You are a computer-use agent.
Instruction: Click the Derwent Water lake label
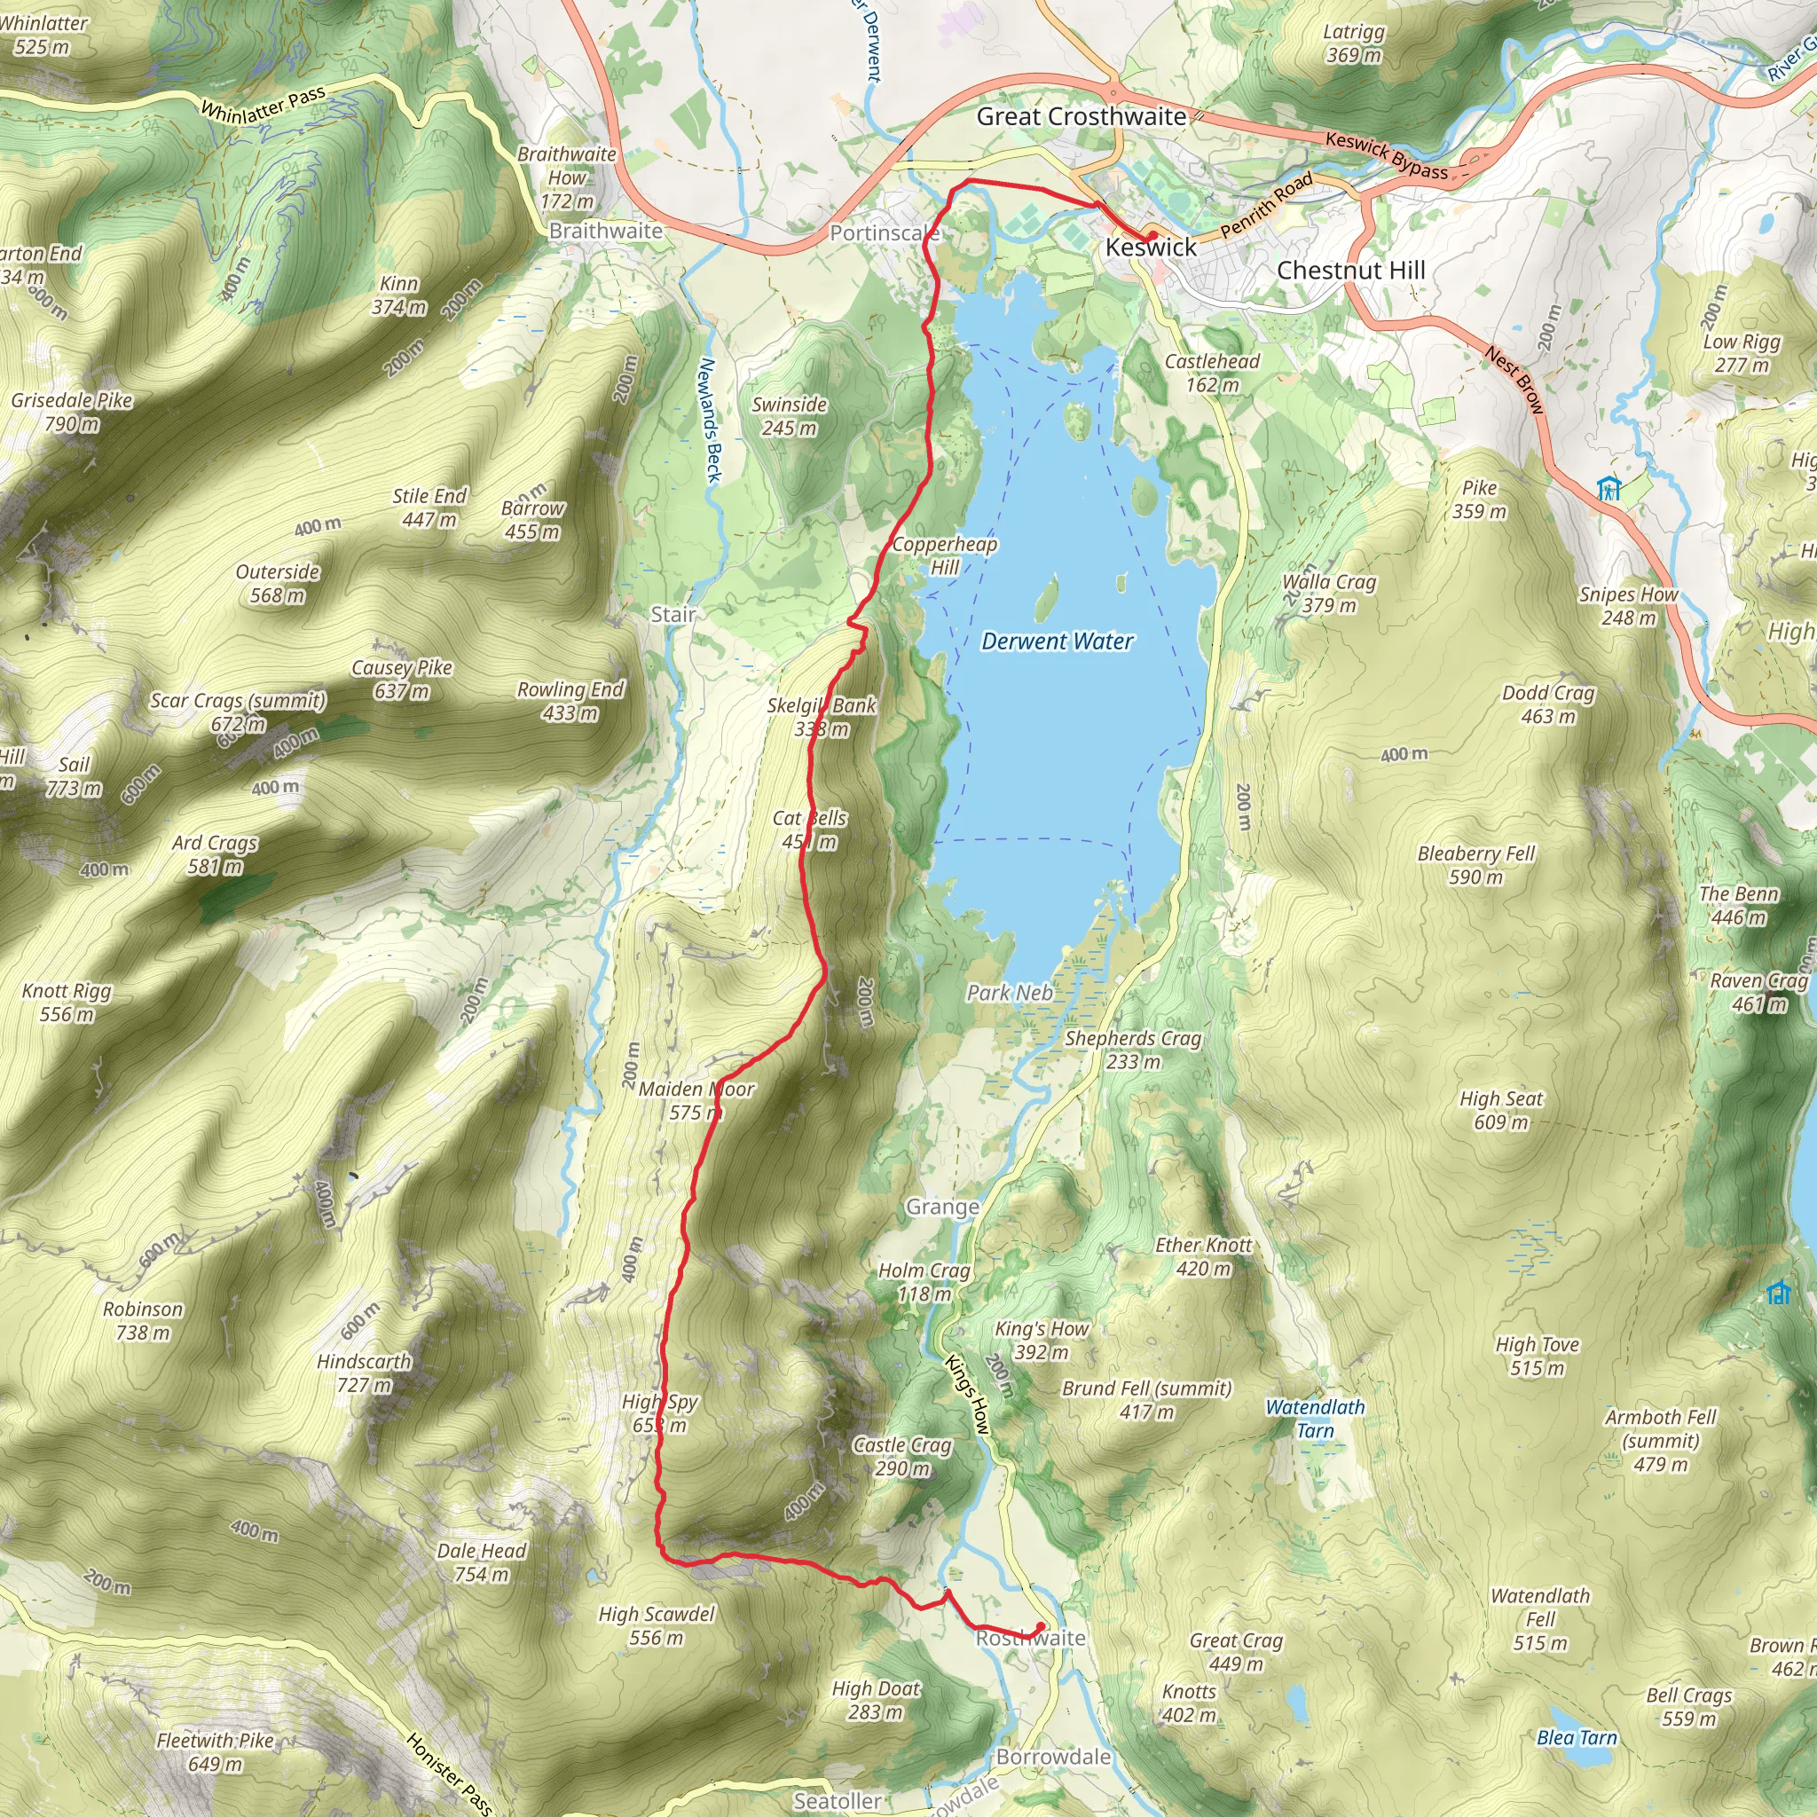point(1057,641)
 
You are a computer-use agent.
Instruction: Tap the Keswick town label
point(1150,248)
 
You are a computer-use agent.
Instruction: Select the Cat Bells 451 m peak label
point(810,830)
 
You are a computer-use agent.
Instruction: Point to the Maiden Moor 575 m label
point(696,1100)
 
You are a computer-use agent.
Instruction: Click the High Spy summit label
point(659,1412)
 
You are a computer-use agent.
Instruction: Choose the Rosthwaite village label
point(1030,1639)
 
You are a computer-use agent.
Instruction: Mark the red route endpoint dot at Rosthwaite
point(1040,1626)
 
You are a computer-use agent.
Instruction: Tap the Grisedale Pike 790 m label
point(72,412)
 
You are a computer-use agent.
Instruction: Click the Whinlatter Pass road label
point(264,105)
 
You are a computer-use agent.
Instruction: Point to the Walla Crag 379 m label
point(1329,594)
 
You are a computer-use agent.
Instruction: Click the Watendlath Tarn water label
point(1315,1419)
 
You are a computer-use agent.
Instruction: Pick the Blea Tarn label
point(1577,1737)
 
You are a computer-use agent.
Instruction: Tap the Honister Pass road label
point(449,1773)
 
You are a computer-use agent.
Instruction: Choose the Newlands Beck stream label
point(710,421)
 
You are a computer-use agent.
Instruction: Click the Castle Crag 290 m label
point(902,1456)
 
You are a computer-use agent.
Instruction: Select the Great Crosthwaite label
point(1082,116)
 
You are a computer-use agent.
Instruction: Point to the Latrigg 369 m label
point(1353,43)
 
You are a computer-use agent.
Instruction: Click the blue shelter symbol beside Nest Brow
point(1609,488)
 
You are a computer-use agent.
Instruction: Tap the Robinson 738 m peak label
point(143,1320)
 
